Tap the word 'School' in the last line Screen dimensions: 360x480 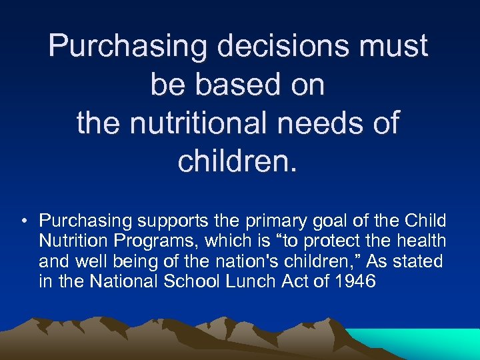point(190,281)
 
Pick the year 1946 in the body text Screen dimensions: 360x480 point(357,281)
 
